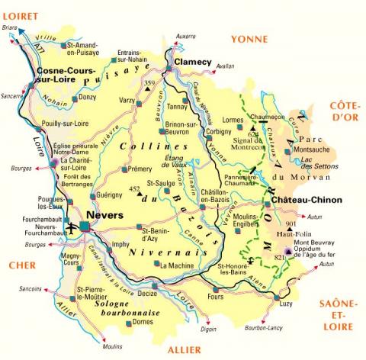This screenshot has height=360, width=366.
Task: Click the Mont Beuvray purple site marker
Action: (x=287, y=251)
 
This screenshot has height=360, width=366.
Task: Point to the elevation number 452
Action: (x=134, y=188)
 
